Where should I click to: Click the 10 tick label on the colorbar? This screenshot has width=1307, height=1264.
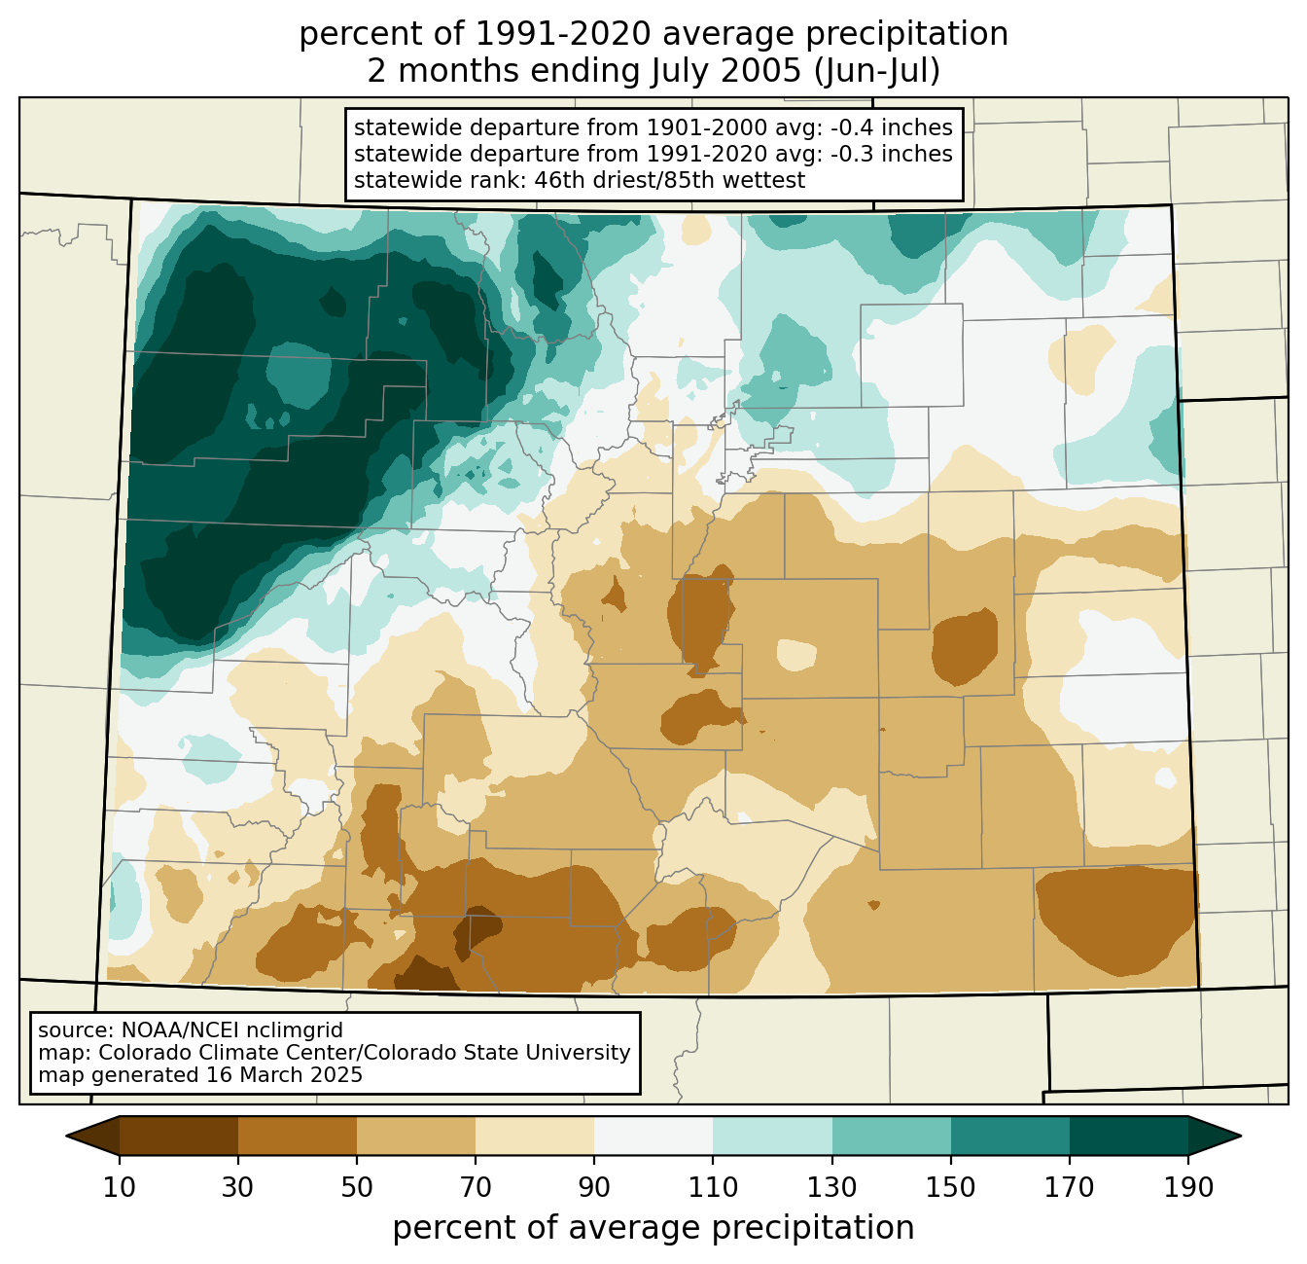click(119, 1187)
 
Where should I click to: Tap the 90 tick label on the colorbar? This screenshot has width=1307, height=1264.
click(594, 1187)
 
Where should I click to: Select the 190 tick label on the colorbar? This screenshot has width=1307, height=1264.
click(1188, 1187)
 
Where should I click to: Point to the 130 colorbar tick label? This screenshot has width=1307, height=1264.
click(832, 1187)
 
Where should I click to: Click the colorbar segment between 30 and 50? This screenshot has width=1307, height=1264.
click(297, 1136)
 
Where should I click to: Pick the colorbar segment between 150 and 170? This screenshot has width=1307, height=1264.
click(1010, 1136)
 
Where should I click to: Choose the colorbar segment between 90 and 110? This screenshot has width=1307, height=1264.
click(653, 1136)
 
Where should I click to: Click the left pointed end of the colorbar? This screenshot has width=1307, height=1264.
click(66, 1136)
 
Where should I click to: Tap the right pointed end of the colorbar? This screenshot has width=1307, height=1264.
click(1241, 1136)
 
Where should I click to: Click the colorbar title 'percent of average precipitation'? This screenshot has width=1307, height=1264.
click(653, 1227)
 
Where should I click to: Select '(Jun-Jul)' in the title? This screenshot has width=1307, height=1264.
click(877, 71)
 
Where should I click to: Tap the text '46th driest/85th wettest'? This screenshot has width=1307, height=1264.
click(670, 180)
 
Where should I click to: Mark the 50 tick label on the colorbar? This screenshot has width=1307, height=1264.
click(357, 1187)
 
